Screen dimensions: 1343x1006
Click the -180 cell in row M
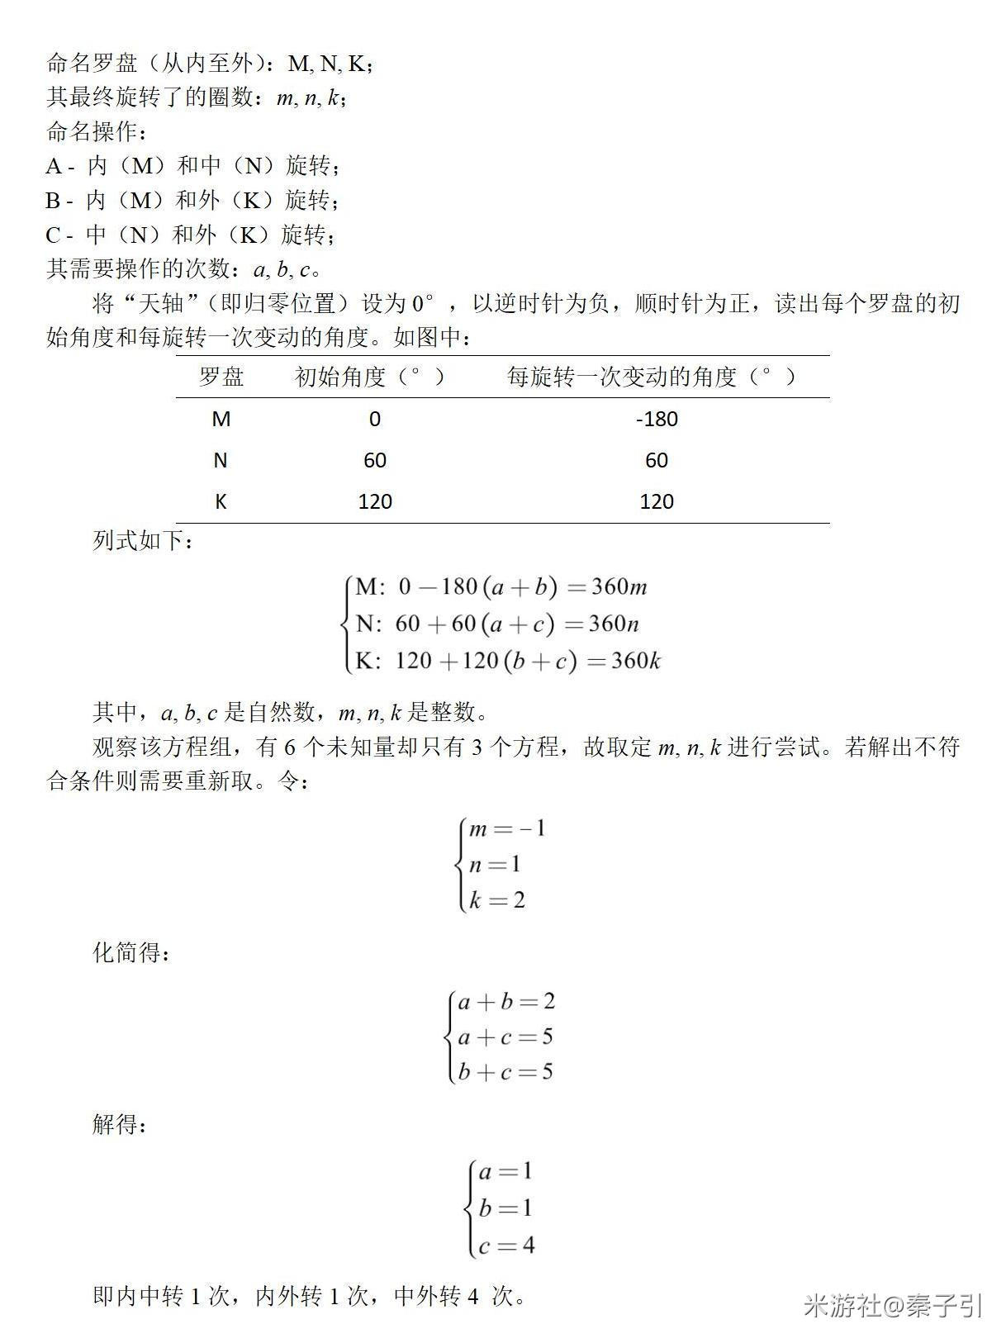click(657, 419)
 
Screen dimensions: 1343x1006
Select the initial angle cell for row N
click(374, 460)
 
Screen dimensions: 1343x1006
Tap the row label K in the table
click(221, 501)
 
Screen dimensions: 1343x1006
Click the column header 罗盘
click(221, 377)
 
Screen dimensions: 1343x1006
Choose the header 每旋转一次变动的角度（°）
click(652, 377)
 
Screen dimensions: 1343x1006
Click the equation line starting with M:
click(501, 587)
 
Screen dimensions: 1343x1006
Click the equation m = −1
click(506, 828)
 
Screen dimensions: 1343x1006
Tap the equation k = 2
click(496, 899)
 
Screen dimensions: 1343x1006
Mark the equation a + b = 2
click(505, 1002)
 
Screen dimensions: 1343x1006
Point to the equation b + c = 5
click(505, 1072)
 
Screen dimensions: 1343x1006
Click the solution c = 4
click(505, 1245)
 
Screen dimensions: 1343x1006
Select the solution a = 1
click(505, 1171)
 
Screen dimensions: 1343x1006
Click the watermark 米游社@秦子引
click(892, 1306)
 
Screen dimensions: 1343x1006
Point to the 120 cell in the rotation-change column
click(657, 501)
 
